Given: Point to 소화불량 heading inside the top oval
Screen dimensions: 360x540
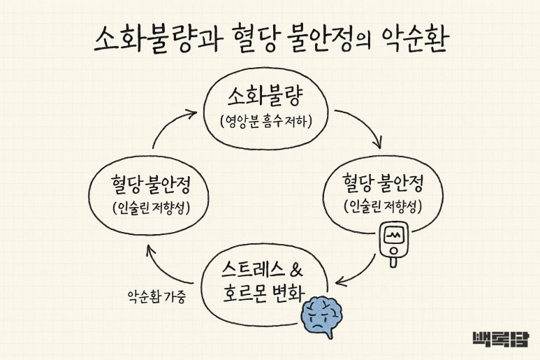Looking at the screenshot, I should (x=268, y=96).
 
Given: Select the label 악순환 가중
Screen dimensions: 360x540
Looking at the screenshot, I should (x=156, y=296).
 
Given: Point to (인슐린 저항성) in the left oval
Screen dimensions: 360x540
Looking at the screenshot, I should (x=150, y=208).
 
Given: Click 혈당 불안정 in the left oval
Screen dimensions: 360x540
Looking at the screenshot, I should (x=150, y=186).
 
